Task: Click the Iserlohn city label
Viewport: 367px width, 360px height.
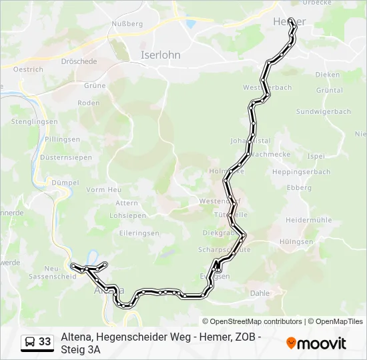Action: tap(160, 55)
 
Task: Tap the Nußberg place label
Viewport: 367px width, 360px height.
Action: tap(127, 24)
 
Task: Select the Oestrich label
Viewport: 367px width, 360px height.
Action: tap(28, 69)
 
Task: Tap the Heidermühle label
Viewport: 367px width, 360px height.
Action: tap(308, 219)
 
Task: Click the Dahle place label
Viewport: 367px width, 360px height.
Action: tap(260, 292)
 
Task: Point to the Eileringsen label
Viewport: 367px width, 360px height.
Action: tap(139, 233)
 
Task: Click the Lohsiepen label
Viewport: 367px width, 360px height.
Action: tap(127, 215)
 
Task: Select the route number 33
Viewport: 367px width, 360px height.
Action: tap(45, 342)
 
